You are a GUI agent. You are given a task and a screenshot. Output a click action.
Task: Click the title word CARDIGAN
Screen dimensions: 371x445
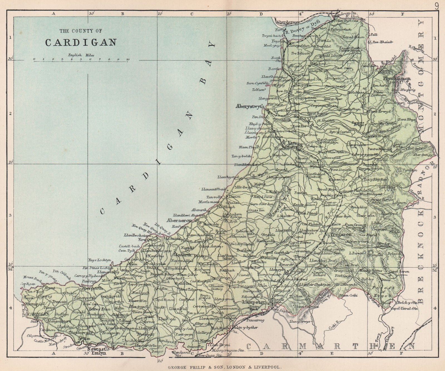tap(81, 42)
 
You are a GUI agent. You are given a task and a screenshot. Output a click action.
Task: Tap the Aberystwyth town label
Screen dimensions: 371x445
tap(250, 106)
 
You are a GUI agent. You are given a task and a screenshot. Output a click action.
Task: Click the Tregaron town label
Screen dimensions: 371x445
tap(341, 234)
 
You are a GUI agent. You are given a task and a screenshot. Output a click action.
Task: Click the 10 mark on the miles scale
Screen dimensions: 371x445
tap(127, 59)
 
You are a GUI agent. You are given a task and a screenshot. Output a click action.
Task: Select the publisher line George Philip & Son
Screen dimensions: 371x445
tap(222, 367)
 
